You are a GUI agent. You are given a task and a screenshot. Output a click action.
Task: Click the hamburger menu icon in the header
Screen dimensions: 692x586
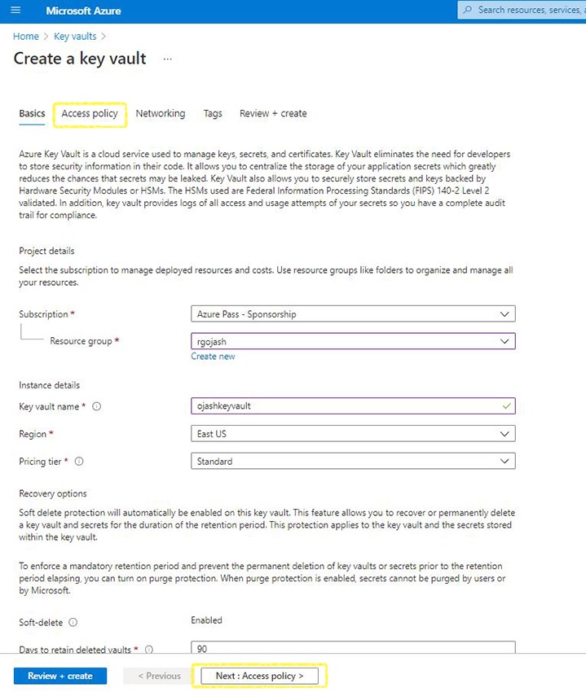pos(15,11)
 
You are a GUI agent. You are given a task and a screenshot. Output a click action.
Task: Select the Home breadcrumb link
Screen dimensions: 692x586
pos(25,37)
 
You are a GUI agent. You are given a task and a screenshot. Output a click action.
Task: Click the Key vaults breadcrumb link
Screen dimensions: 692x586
pos(75,37)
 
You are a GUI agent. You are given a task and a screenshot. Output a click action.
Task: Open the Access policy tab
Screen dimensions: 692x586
pos(90,114)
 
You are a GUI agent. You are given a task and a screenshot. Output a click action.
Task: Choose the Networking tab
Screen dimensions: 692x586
pos(160,114)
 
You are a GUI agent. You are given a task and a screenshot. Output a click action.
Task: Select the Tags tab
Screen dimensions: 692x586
pos(213,114)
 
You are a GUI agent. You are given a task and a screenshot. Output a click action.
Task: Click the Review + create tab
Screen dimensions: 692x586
pos(273,114)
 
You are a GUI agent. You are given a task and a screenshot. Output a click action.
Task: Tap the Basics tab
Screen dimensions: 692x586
pos(32,114)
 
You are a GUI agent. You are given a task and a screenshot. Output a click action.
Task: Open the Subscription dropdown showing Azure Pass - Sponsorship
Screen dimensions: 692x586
pos(352,314)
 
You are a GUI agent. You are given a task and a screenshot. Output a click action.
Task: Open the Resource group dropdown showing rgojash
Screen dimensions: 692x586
pos(352,341)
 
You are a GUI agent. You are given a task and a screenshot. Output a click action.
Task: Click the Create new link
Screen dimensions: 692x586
pos(213,357)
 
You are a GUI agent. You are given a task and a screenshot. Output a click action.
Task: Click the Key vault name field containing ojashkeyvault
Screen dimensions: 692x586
pos(352,405)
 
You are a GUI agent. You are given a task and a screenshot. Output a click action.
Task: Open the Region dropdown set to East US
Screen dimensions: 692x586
pos(352,434)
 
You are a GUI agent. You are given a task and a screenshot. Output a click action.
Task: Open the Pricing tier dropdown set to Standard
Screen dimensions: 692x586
pos(352,462)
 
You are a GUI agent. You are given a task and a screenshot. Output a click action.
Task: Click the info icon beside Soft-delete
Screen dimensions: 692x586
pos(73,623)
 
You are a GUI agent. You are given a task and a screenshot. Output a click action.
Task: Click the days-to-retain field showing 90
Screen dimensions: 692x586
pos(352,648)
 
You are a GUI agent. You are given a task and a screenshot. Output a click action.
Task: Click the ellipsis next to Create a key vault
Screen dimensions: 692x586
pos(168,59)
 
